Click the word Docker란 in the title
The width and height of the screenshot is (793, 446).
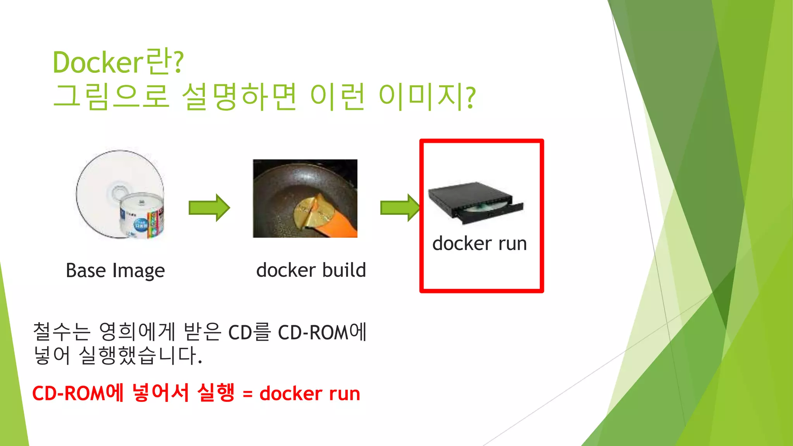click(118, 62)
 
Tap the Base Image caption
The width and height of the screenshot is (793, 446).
click(115, 270)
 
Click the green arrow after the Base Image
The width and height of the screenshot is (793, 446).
click(209, 208)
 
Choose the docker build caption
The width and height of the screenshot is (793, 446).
click(311, 270)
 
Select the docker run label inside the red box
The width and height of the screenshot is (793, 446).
click(479, 244)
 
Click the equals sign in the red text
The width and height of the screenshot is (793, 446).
click(247, 395)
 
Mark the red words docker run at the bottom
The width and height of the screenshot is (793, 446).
click(310, 394)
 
